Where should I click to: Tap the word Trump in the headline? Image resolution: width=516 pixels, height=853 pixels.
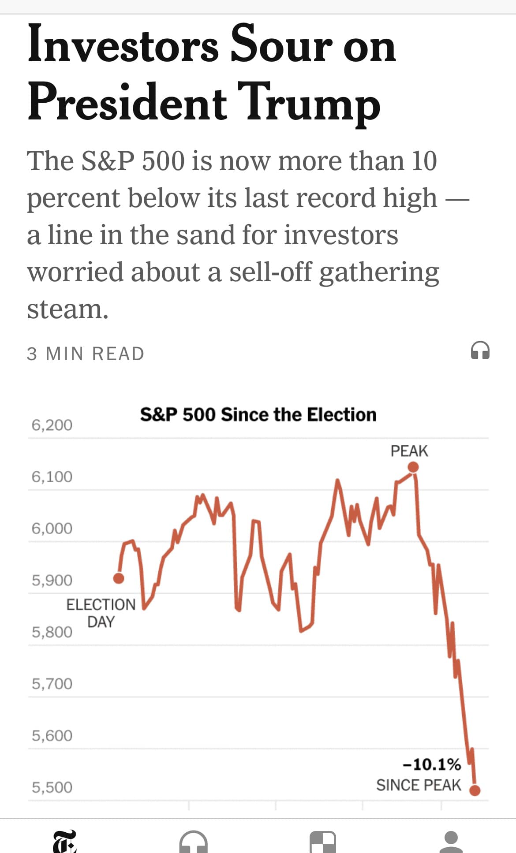pyautogui.click(x=309, y=102)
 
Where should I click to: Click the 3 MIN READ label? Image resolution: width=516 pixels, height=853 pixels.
pyautogui.click(x=86, y=354)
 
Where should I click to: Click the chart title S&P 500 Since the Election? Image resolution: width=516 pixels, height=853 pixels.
pyautogui.click(x=258, y=415)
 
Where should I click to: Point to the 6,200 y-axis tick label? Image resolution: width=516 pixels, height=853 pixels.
pyautogui.click(x=52, y=425)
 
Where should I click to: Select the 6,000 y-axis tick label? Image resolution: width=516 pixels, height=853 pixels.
pyautogui.click(x=52, y=528)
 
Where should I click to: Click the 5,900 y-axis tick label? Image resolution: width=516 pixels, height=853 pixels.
pyautogui.click(x=52, y=580)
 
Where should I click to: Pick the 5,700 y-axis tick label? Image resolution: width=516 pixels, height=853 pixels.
pyautogui.click(x=52, y=684)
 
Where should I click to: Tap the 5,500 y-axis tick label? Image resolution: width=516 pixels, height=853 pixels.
pyautogui.click(x=52, y=787)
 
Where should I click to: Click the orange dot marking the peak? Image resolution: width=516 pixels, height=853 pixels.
pyautogui.click(x=413, y=467)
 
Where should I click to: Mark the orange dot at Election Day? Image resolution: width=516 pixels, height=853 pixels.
pyautogui.click(x=119, y=578)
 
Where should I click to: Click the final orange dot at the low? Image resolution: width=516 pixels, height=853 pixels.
pyautogui.click(x=475, y=790)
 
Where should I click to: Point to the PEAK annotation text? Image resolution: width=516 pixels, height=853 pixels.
pyautogui.click(x=409, y=451)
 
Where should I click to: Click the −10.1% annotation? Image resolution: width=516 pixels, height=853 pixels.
pyautogui.click(x=432, y=764)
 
